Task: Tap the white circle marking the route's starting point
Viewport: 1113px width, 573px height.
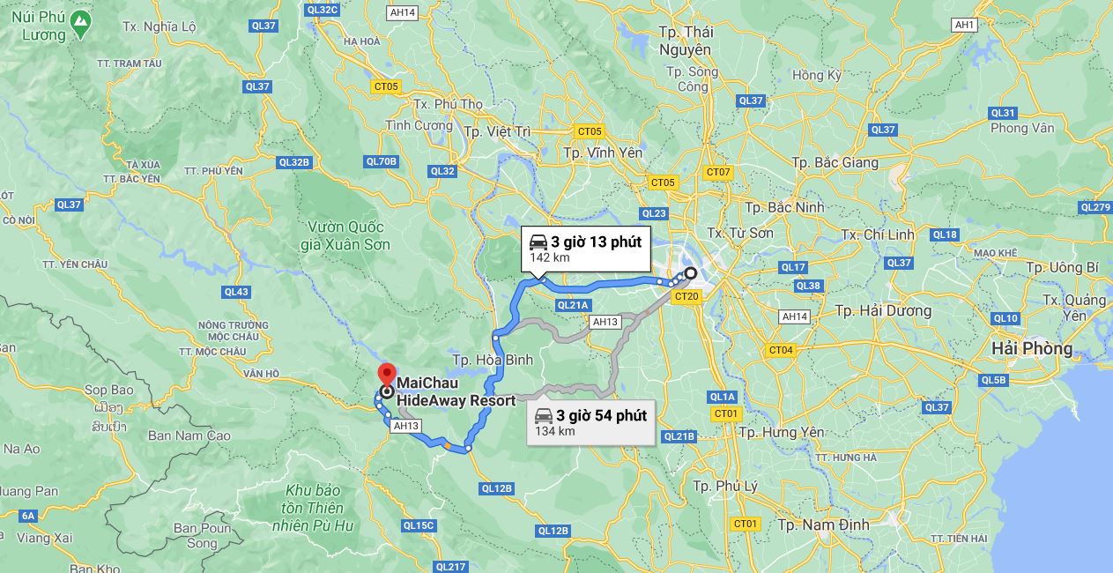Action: click(x=691, y=273)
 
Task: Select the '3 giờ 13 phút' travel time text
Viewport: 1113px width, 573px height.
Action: click(x=597, y=242)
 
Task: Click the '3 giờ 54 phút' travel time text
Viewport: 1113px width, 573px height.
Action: click(x=601, y=415)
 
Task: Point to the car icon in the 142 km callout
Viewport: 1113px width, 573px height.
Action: click(x=538, y=242)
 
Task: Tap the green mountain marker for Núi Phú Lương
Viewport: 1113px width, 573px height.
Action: click(x=80, y=22)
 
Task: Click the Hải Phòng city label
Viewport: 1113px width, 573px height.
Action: click(x=1032, y=348)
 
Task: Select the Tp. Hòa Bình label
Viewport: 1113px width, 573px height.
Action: click(x=493, y=360)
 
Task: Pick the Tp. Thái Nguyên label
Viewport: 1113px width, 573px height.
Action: click(x=686, y=41)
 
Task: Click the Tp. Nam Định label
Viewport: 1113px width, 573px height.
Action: click(x=823, y=525)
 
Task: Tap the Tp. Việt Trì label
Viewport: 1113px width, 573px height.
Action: click(x=497, y=131)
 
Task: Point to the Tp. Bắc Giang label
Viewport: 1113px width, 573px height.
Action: click(x=835, y=162)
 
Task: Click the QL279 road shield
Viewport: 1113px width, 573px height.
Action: click(x=1095, y=207)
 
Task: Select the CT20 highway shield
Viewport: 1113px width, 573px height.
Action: click(x=686, y=297)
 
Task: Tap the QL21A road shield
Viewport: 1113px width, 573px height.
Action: click(x=572, y=305)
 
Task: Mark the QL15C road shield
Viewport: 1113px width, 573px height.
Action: click(x=419, y=525)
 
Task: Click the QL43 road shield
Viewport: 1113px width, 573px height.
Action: click(x=236, y=292)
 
